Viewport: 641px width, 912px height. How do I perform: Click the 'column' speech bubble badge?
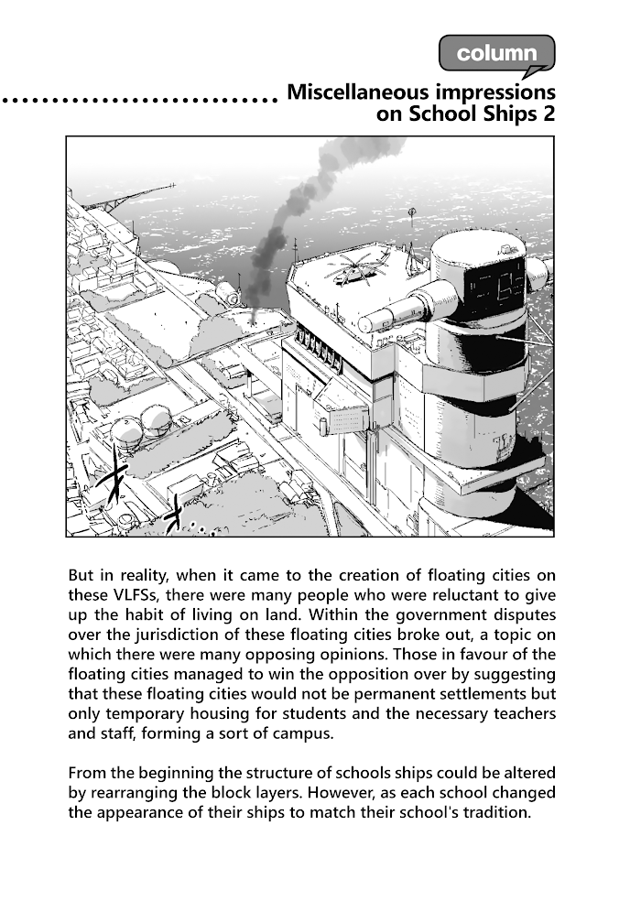(x=496, y=53)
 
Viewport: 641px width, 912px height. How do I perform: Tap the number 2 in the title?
(x=547, y=115)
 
